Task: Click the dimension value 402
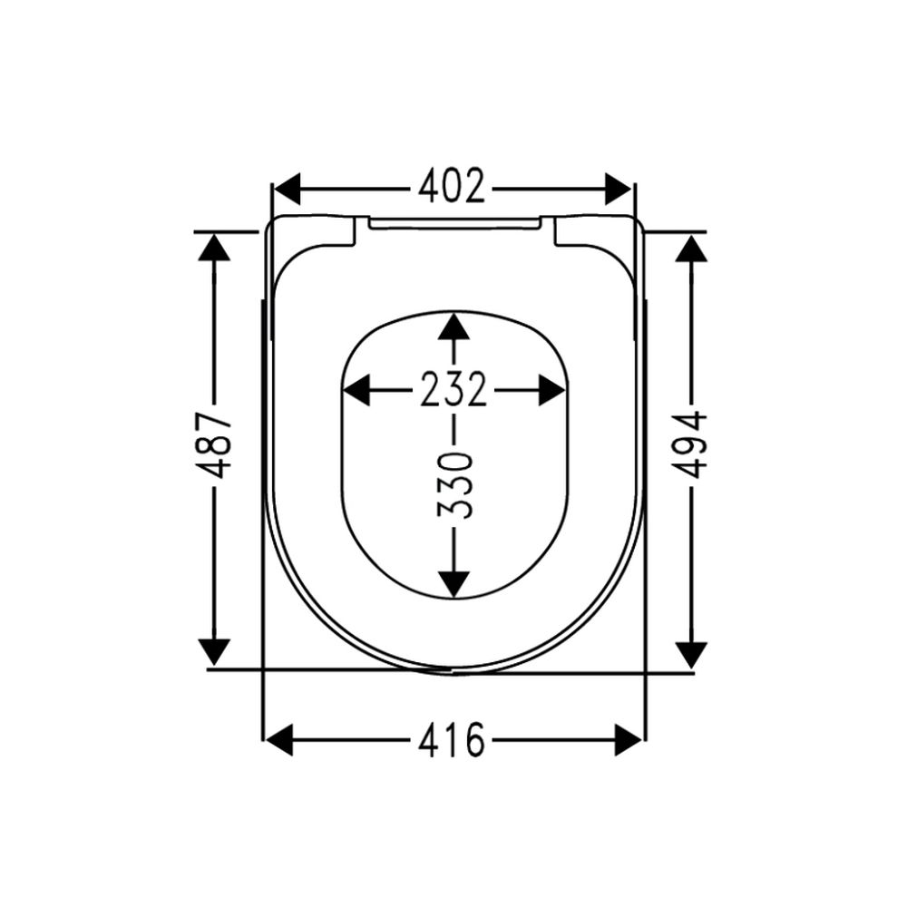(452, 186)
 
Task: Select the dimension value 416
(452, 739)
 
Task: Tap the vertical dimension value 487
(215, 445)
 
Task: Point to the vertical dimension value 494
(690, 444)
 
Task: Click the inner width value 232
(453, 389)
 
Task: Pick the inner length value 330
(454, 486)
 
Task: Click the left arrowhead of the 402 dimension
(287, 189)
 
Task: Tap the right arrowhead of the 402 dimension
(618, 189)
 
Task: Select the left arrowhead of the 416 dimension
(278, 739)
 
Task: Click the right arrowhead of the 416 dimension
(629, 739)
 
